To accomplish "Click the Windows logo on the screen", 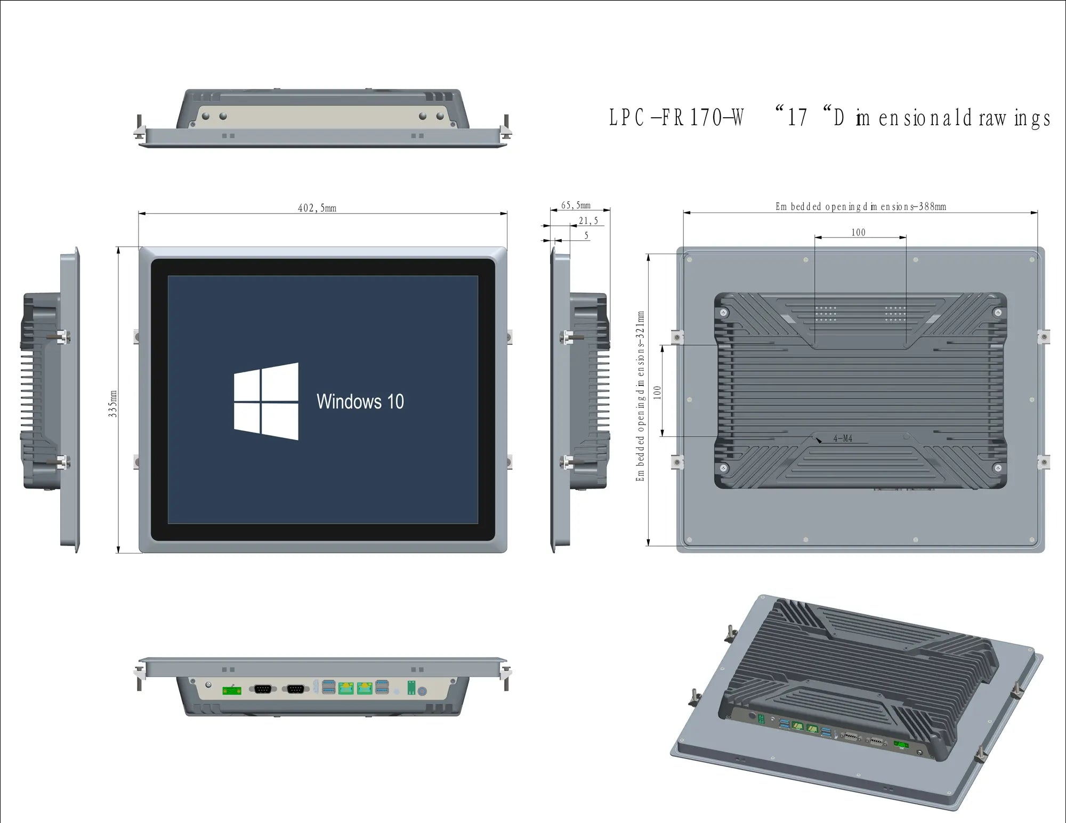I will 266,401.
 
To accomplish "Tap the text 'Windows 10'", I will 360,402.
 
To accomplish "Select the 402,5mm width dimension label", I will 317,208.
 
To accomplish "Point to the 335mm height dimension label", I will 112,403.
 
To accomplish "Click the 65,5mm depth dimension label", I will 576,205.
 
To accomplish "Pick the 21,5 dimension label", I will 588,221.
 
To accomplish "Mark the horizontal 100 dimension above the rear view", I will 858,232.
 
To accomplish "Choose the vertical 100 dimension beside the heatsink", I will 657,392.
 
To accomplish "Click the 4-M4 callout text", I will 843,438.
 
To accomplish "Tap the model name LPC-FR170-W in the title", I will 676,118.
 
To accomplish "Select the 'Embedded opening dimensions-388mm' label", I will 860,207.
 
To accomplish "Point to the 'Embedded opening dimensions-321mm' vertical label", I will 640,396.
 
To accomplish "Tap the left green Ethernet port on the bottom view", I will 346,688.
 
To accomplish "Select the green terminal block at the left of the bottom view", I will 231,690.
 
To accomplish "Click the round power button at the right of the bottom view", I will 422,691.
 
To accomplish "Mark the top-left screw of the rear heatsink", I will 724,313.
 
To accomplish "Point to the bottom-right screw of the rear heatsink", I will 998,468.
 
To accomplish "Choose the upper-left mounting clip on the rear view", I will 677,337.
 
